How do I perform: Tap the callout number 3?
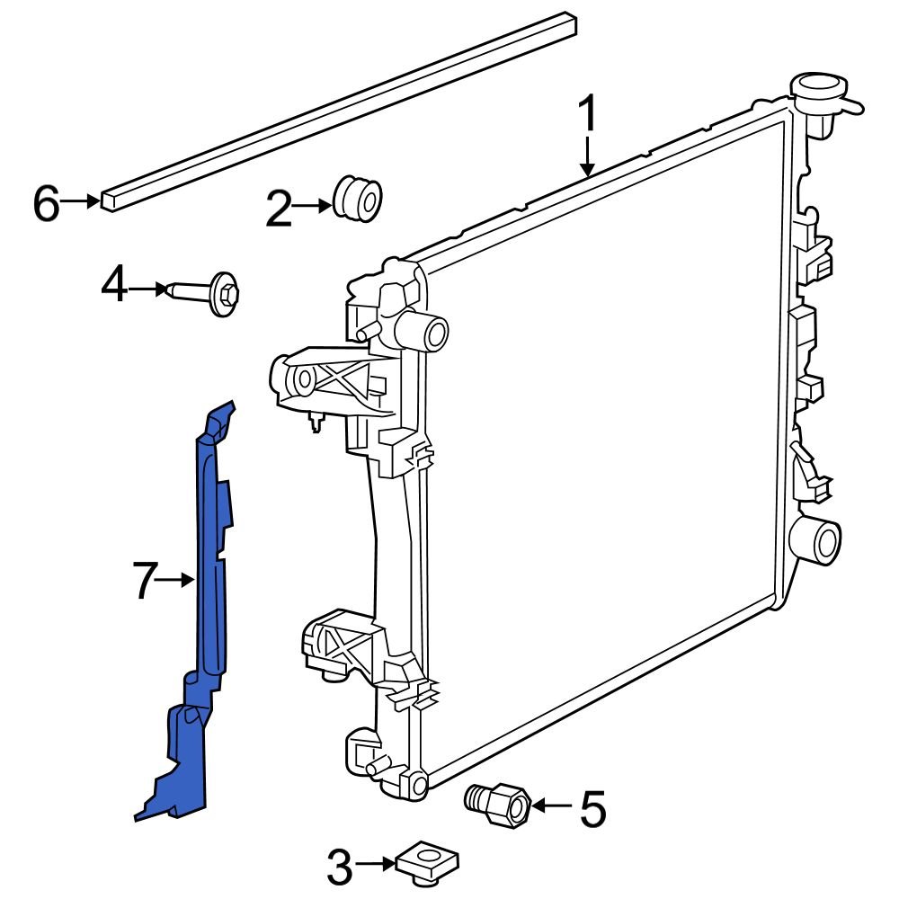(340, 868)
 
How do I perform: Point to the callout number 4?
(114, 288)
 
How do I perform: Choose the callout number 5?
(592, 809)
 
